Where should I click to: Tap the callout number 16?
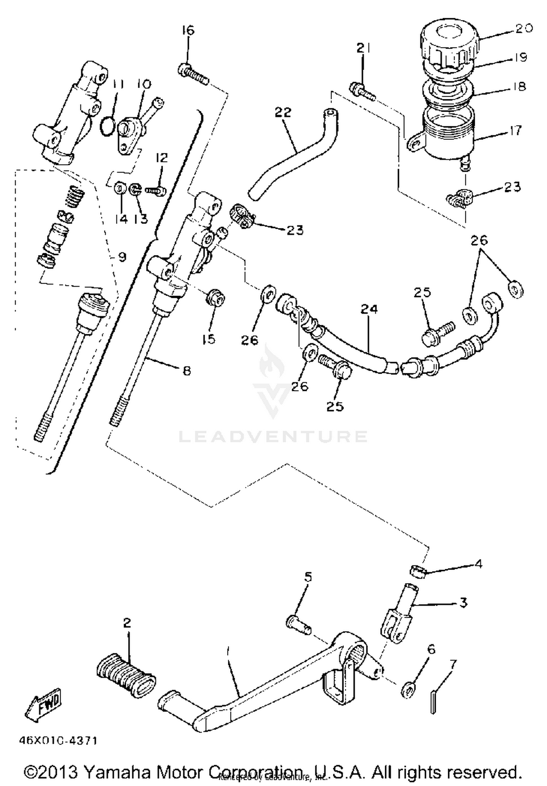point(188,31)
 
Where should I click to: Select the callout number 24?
point(369,309)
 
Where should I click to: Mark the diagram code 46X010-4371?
point(58,741)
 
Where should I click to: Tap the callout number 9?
point(122,257)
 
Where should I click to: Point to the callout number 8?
point(186,371)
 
